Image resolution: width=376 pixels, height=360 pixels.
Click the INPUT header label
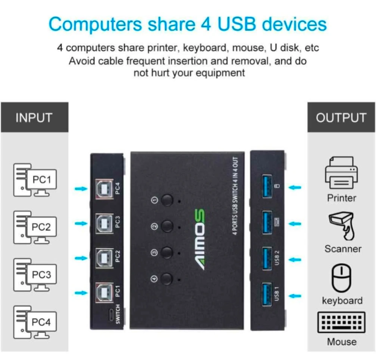click(34, 118)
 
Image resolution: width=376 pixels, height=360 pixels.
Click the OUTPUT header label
click(341, 118)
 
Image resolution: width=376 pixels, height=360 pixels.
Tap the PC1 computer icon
click(35, 180)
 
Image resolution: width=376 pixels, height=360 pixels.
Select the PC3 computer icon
click(35, 275)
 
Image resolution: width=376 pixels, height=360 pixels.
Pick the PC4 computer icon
click(35, 322)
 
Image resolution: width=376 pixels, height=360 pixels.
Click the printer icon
click(342, 173)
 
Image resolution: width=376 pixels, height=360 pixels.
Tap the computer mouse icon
click(342, 278)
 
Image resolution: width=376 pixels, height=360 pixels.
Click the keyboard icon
click(342, 322)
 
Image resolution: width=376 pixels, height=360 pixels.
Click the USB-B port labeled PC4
click(104, 189)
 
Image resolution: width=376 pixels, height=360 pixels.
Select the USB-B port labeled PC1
click(104, 293)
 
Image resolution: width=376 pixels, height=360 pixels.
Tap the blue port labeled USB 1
click(267, 295)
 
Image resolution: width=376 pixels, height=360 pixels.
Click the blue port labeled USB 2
click(267, 258)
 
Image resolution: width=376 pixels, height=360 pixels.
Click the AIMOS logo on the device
click(199, 239)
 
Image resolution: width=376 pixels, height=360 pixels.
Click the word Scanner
click(343, 249)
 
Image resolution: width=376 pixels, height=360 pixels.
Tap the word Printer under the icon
click(342, 198)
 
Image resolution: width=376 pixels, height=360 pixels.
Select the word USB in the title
click(236, 24)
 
